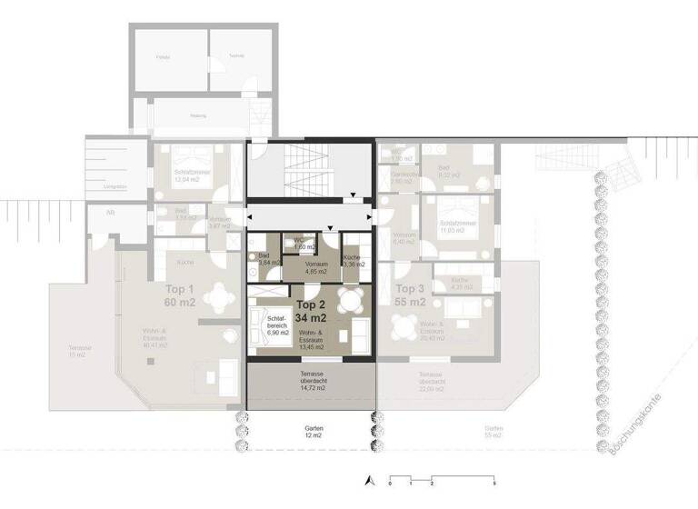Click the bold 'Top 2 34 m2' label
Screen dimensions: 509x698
(311, 311)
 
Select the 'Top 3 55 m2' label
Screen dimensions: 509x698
(410, 294)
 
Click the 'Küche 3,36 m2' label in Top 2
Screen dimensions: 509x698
(354, 262)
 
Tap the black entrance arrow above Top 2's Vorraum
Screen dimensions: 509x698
(332, 228)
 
